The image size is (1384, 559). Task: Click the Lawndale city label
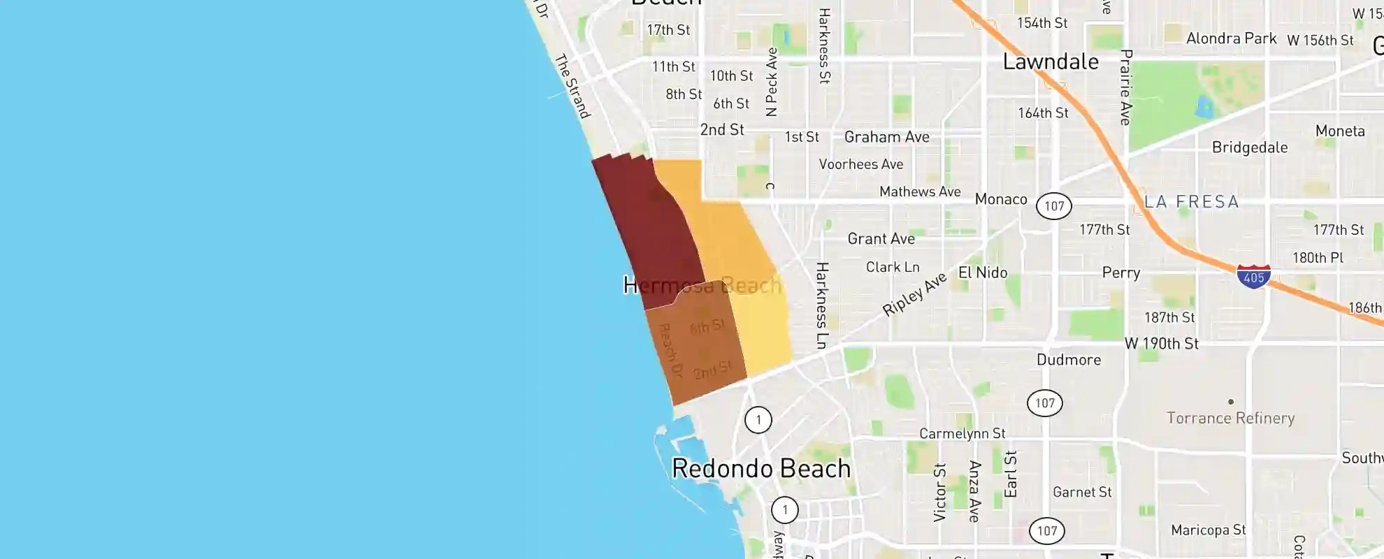pos(1051,61)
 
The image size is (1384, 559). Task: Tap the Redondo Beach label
pos(761,468)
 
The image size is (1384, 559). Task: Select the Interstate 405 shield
pos(1253,276)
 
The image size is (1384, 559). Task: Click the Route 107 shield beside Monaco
pos(1053,206)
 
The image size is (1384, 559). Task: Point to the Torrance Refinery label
pos(1230,418)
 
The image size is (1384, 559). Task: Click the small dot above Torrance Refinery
pos(1231,402)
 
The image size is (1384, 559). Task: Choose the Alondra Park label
pos(1231,38)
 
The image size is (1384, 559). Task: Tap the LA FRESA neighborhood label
pos(1191,202)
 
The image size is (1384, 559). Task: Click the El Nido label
pos(983,273)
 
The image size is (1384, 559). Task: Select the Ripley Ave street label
pos(914,293)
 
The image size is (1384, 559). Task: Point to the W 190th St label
pos(1161,344)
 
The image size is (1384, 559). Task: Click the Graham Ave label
pos(886,137)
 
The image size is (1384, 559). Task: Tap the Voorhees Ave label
pos(860,164)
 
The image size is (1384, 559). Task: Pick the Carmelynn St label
pos(962,434)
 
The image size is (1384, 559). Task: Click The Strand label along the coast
pos(572,86)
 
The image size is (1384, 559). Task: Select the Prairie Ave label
pos(1125,87)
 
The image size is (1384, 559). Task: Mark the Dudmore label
pos(1068,360)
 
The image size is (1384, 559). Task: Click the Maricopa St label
pos(1208,530)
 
